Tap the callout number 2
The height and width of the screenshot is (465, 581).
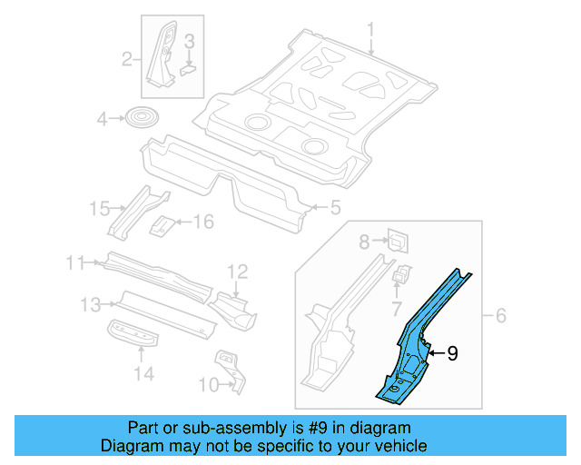tap(128, 60)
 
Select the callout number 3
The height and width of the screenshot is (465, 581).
tap(189, 41)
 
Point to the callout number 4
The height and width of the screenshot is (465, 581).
tap(103, 118)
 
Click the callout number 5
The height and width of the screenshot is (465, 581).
tap(335, 208)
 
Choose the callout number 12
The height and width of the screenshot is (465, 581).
tap(236, 271)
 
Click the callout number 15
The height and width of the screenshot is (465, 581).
tap(99, 210)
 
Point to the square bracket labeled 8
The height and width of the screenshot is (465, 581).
tap(397, 240)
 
